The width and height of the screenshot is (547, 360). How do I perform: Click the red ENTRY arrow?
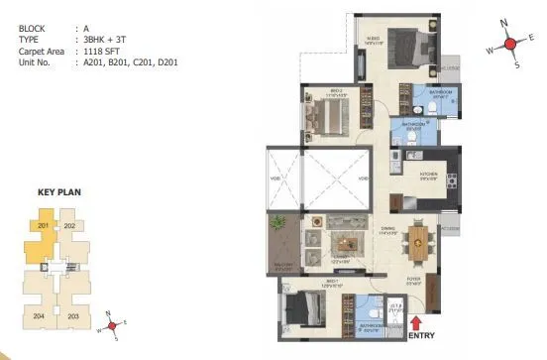pyautogui.click(x=414, y=322)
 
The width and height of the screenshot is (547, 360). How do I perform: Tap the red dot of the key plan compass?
pyautogui.click(x=114, y=323)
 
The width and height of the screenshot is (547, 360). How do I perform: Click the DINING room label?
pyautogui.click(x=387, y=230)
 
